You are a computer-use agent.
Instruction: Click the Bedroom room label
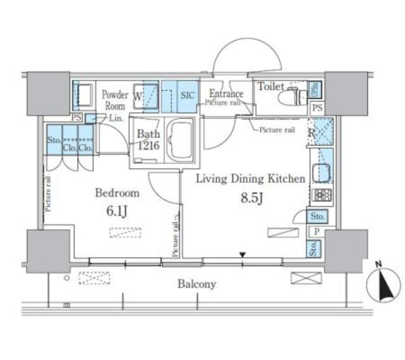tap(116, 193)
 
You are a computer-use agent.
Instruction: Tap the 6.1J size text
tap(117, 211)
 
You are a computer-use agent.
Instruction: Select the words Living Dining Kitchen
tap(251, 179)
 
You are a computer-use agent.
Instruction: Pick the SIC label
tap(188, 96)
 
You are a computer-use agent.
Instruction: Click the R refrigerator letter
tap(311, 133)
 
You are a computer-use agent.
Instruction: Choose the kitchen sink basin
tap(320, 171)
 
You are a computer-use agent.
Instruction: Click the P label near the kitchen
tap(314, 232)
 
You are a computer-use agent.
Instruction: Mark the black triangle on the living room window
tap(242, 256)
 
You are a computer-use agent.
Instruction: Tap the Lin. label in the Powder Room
tap(115, 118)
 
